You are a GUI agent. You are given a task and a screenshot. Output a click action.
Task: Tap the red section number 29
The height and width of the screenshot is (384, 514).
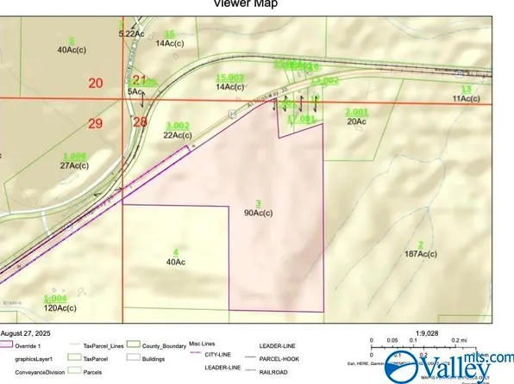95,124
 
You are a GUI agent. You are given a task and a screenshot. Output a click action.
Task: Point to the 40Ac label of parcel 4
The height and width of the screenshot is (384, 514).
176,261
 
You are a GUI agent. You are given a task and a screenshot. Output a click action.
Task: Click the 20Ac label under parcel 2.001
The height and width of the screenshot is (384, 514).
357,121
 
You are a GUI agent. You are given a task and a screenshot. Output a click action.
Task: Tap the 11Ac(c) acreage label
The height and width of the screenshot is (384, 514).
466,99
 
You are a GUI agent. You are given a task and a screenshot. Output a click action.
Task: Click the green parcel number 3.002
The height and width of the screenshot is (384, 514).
177,126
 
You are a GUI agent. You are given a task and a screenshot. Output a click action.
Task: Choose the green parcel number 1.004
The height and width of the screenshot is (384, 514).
54,298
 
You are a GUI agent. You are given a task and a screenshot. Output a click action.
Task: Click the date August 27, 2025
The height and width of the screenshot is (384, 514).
31,332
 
